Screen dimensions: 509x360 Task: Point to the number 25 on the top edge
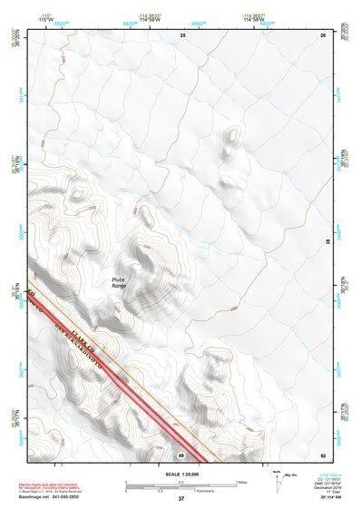tap(182, 34)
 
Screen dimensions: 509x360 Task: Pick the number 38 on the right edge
tap(327, 240)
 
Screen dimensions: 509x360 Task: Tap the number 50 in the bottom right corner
tap(323, 455)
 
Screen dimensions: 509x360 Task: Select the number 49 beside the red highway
tap(181, 455)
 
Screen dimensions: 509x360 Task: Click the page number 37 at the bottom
tap(181, 499)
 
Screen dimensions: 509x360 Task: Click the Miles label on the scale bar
tap(241, 482)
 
